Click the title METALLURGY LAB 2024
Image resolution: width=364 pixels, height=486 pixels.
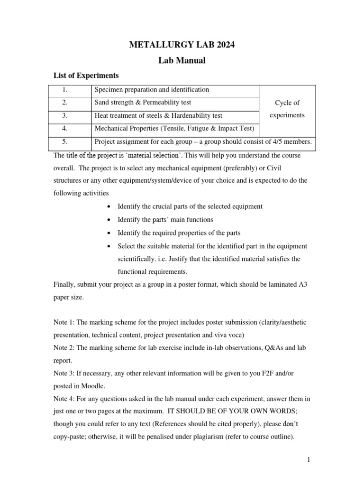click(x=182, y=45)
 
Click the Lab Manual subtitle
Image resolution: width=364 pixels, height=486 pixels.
click(x=182, y=60)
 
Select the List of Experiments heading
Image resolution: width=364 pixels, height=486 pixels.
click(x=86, y=75)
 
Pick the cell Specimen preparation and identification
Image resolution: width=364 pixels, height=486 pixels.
click(x=152, y=90)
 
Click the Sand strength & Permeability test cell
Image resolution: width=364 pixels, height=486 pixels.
click(x=143, y=103)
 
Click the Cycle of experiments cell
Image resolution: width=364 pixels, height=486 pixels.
click(x=287, y=109)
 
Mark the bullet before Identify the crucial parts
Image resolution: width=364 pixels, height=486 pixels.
click(x=109, y=206)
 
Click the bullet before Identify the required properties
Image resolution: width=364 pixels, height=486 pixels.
click(x=109, y=233)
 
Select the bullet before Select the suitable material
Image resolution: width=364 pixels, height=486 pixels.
click(x=109, y=246)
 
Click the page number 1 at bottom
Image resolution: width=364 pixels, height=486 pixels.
click(x=308, y=460)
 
